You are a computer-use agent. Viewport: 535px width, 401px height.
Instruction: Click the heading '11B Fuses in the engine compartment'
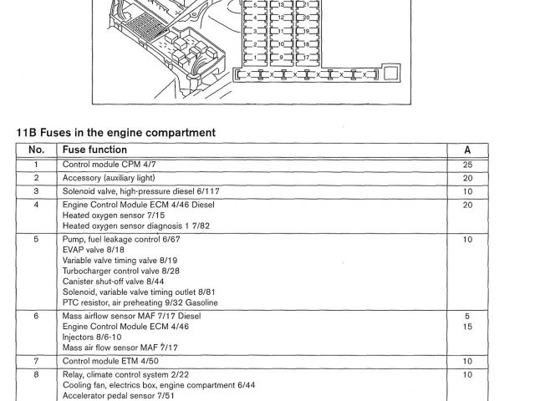coord(116,132)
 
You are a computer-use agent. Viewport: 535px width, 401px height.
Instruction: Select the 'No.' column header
coord(36,150)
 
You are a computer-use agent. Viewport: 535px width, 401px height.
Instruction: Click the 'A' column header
coord(467,150)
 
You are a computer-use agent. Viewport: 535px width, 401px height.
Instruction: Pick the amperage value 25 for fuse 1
coord(467,165)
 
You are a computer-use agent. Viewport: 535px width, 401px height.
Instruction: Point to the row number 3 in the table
coord(36,190)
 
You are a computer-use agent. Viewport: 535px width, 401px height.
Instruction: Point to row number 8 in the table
coord(36,374)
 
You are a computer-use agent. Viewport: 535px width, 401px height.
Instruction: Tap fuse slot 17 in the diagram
coord(304,56)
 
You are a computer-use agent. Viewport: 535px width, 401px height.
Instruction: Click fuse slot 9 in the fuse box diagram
coord(281,56)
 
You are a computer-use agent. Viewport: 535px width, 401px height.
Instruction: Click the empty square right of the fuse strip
coord(391,74)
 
